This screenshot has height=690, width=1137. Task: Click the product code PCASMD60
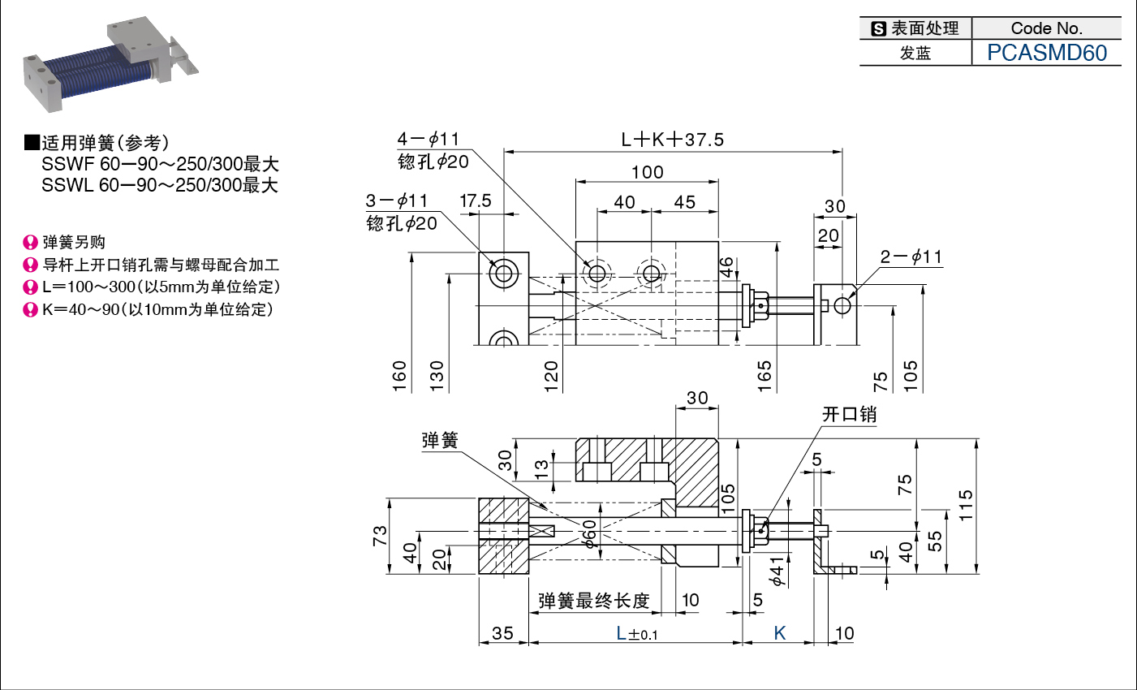pyautogui.click(x=1047, y=53)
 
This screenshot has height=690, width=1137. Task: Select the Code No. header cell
pyautogui.click(x=1047, y=28)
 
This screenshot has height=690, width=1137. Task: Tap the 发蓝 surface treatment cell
pyautogui.click(x=915, y=53)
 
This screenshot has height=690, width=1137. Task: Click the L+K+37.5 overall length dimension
pyautogui.click(x=673, y=139)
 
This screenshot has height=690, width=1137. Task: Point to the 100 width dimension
pyautogui.click(x=647, y=172)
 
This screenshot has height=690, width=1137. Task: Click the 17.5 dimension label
pyautogui.click(x=476, y=201)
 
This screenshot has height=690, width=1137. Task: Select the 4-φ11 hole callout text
pyautogui.click(x=428, y=139)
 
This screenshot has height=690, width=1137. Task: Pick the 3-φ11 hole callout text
pyautogui.click(x=396, y=201)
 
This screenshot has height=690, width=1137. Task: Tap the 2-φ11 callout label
pyautogui.click(x=911, y=257)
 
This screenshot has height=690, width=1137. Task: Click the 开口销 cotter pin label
pyautogui.click(x=849, y=414)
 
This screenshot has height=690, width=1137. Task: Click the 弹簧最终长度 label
pyautogui.click(x=594, y=601)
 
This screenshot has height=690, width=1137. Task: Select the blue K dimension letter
pyautogui.click(x=780, y=633)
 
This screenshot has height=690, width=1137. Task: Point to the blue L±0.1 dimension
pyautogui.click(x=636, y=634)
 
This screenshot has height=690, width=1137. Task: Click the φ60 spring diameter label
pyautogui.click(x=589, y=533)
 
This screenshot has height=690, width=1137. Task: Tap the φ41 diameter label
pyautogui.click(x=777, y=571)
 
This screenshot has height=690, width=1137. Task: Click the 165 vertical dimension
pyautogui.click(x=764, y=376)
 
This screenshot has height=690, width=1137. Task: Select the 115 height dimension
pyautogui.click(x=966, y=505)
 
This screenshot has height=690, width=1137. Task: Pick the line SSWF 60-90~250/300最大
pyautogui.click(x=160, y=164)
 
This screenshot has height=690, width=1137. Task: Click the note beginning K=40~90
pyautogui.click(x=158, y=309)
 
